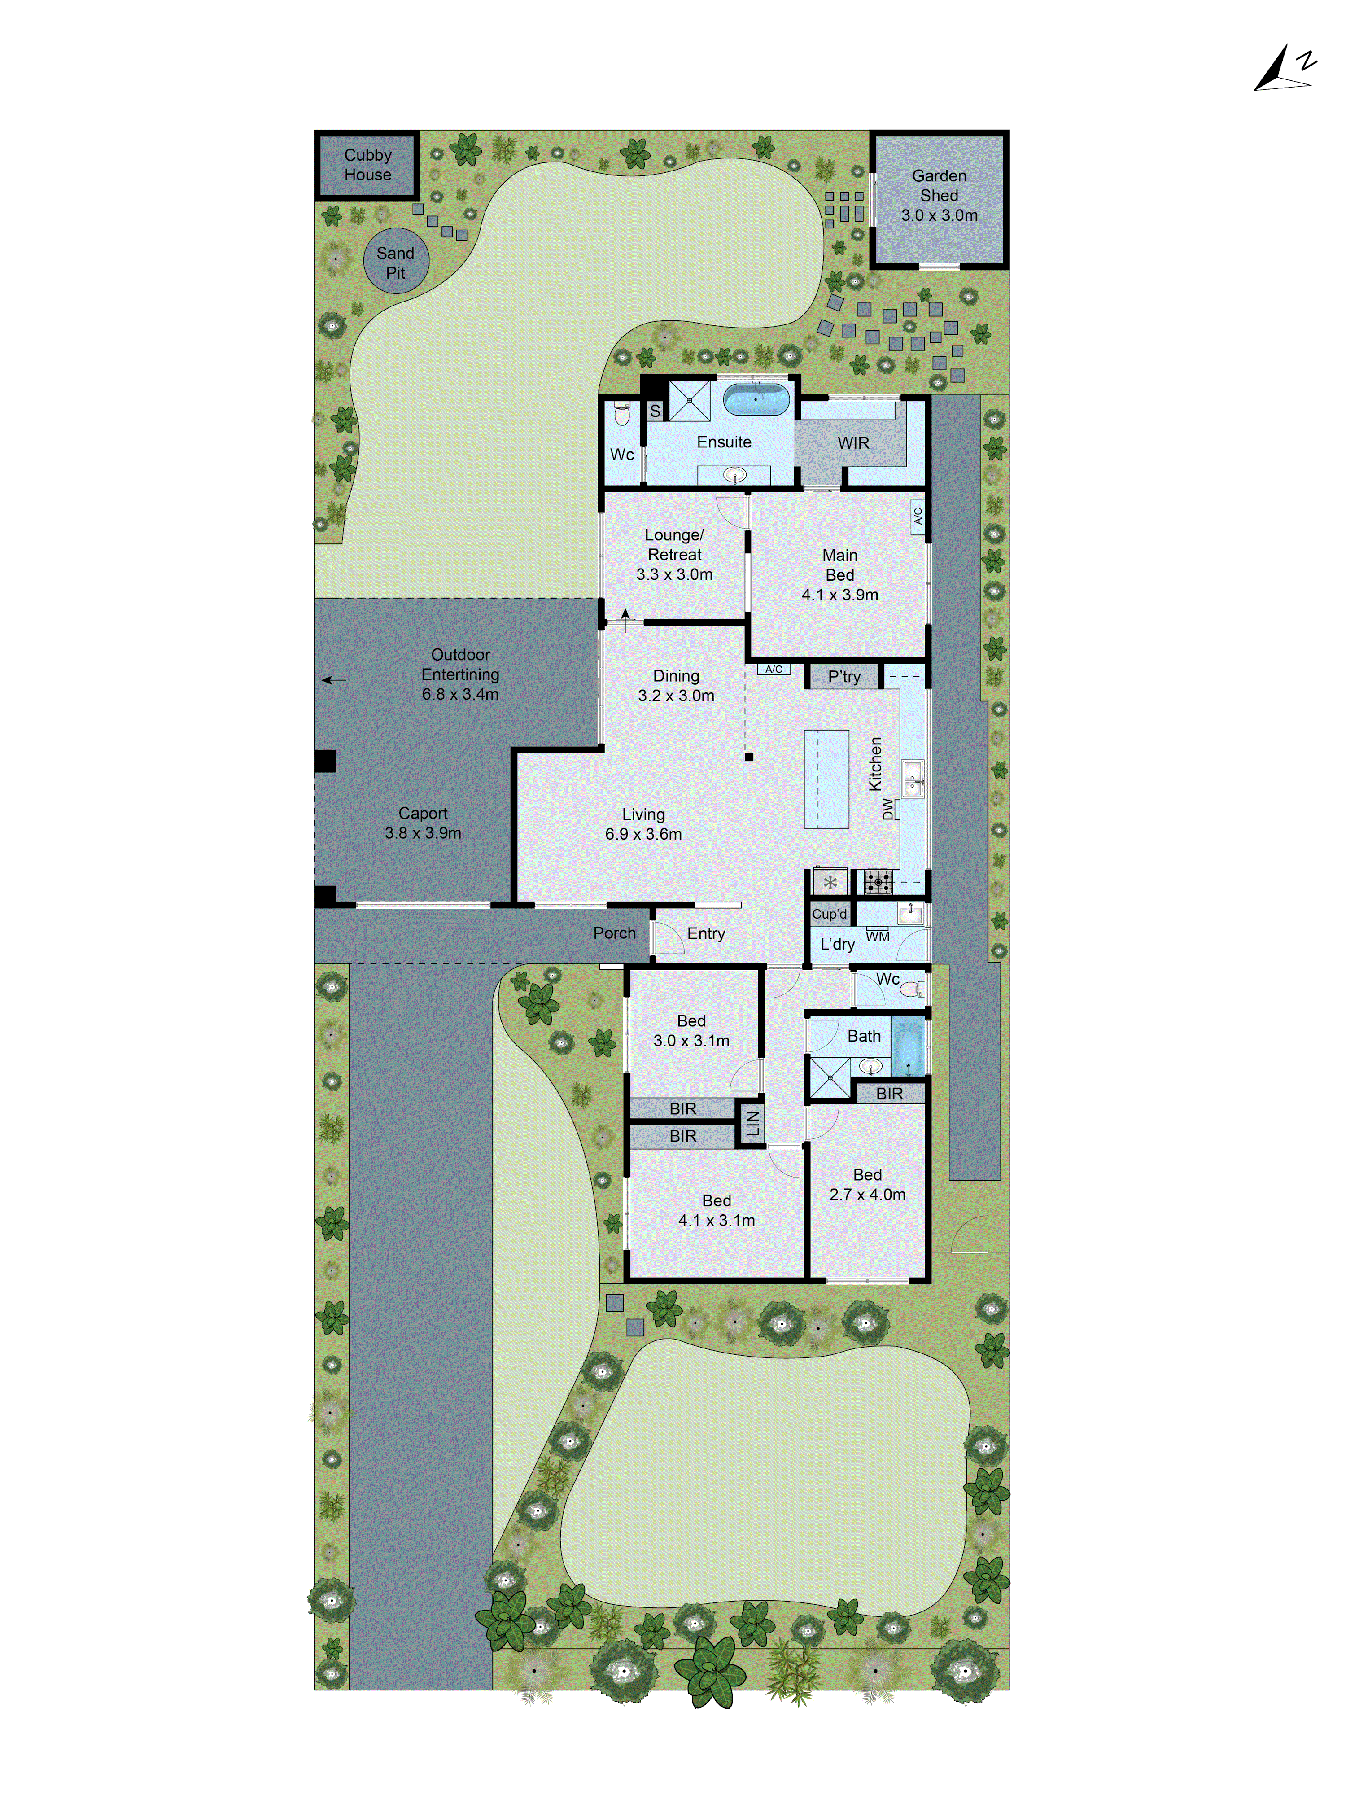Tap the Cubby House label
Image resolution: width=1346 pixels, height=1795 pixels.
367,165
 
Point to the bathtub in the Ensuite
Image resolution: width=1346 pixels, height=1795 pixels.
756,399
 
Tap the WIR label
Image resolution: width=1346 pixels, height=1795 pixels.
853,443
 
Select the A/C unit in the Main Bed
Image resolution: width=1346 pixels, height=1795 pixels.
918,515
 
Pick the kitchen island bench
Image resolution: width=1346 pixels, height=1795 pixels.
826,779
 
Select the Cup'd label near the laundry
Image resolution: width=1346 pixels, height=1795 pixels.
829,914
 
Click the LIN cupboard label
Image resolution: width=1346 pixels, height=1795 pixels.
752,1123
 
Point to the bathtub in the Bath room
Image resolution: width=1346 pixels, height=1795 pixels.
908,1047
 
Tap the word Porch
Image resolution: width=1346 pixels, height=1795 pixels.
614,933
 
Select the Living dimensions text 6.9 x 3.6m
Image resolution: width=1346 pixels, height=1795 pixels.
643,834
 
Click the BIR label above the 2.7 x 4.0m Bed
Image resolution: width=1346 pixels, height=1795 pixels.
889,1094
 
